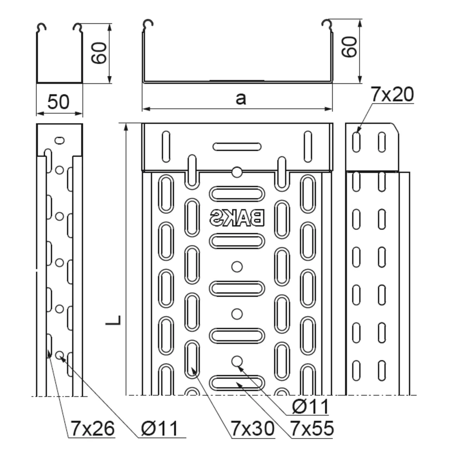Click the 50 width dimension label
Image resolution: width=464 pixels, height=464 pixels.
coord(58,102)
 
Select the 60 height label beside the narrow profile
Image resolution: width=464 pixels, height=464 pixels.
coord(99,53)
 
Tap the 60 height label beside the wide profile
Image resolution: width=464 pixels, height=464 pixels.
coord(349,47)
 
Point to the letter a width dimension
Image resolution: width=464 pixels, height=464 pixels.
coord(241,99)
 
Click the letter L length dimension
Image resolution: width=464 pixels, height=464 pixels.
coord(113,320)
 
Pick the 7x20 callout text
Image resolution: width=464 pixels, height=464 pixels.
coord(392,94)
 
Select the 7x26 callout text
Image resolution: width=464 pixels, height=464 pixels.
coord(93,429)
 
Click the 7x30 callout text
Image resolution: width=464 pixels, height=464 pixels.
coord(253,429)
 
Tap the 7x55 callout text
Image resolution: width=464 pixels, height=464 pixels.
coord(312,429)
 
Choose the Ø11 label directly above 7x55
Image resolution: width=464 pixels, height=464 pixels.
coord(310,407)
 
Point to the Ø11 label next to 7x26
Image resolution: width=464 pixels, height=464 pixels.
coord(159,429)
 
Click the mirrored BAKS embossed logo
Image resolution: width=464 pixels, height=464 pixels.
coord(237,218)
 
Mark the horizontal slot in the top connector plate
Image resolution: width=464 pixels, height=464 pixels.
coord(237,147)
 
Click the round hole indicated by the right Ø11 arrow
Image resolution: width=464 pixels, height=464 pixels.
coord(237,361)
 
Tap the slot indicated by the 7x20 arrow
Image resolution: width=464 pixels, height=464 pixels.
coord(357,142)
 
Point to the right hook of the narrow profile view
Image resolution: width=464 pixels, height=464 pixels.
coord(78,28)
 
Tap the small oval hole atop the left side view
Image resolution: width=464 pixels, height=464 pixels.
coord(60,140)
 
